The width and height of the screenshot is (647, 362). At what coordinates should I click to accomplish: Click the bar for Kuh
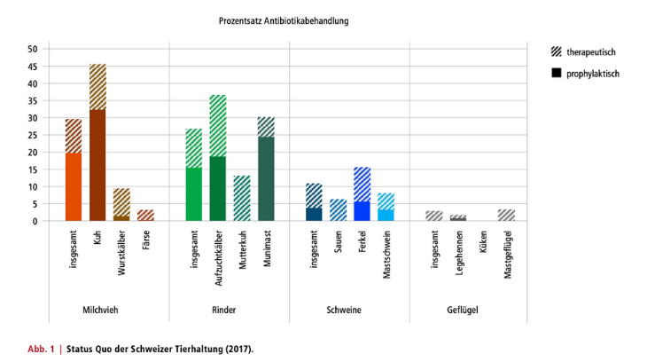click(97, 142)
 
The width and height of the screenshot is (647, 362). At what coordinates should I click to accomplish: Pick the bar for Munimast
click(266, 169)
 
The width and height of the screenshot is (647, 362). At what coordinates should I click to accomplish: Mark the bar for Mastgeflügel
click(506, 216)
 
